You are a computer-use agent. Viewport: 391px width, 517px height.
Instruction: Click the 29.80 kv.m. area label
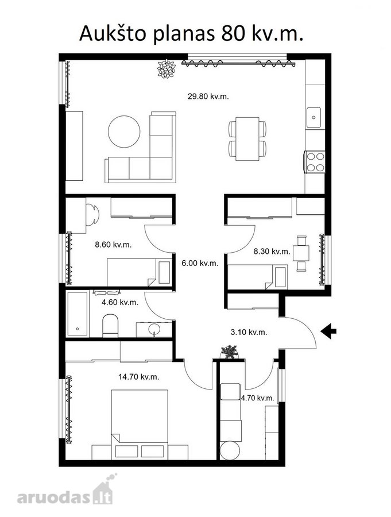[x=208, y=97]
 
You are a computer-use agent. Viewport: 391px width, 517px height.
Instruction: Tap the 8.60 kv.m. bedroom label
[x=113, y=245]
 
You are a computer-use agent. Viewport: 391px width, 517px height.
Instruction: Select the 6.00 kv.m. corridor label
[x=200, y=263]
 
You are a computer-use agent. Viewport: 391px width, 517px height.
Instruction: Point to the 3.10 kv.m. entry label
[x=249, y=332]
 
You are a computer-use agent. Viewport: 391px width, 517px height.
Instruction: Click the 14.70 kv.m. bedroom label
[x=139, y=377]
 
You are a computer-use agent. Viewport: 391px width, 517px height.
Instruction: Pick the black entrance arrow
[x=328, y=331]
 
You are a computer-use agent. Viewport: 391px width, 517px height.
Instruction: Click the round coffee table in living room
[x=124, y=131]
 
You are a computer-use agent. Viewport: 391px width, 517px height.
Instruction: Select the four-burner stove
[x=315, y=161]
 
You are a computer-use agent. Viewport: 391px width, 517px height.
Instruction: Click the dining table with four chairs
[x=247, y=139]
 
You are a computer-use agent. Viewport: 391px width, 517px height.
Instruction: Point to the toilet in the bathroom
[x=110, y=326]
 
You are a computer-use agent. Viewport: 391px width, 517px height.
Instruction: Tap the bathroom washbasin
[x=154, y=329]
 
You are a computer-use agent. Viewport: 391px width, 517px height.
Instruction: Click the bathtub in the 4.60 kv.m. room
[x=78, y=313]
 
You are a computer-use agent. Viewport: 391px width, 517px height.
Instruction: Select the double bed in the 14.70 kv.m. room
[x=140, y=425]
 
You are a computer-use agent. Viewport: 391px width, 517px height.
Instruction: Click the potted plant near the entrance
[x=229, y=352]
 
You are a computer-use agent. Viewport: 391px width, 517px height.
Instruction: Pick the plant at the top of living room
[x=166, y=69]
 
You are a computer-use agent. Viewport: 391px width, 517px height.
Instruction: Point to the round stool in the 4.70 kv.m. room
[x=230, y=451]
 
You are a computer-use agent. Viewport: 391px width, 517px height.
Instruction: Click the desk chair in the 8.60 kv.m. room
[x=92, y=215]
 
